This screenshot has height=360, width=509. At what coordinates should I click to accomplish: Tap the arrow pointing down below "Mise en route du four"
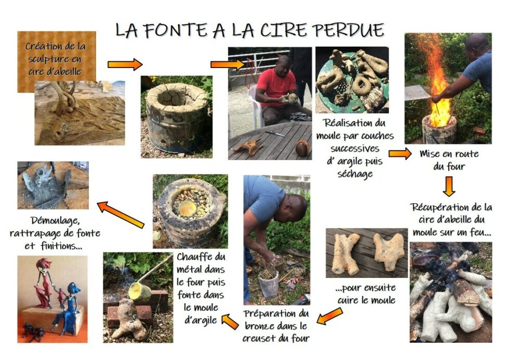point(449,186)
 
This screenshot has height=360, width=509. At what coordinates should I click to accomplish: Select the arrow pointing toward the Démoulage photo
point(120,215)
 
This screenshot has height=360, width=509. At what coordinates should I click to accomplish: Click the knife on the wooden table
point(275,134)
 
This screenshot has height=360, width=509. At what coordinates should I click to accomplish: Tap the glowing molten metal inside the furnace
point(187,208)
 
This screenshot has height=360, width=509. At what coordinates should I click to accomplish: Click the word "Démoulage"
point(55,221)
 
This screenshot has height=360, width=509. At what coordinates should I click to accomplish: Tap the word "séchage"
point(355,174)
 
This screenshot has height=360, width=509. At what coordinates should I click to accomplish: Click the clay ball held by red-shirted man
point(290,99)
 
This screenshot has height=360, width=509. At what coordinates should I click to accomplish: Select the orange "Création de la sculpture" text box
point(57,62)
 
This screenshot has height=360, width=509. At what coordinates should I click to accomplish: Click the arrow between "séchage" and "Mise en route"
point(400,154)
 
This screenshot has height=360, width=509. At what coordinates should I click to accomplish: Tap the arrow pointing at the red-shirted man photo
point(227,64)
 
